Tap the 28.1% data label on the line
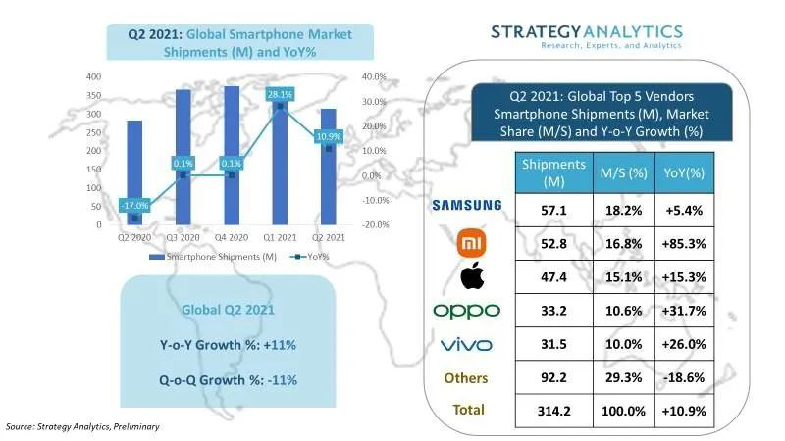point(280,93)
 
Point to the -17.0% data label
point(134,206)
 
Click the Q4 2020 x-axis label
point(231,237)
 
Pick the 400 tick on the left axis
point(94,76)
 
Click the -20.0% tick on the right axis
point(376,225)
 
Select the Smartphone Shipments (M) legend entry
point(212,257)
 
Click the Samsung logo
point(467,205)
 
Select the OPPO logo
point(467,311)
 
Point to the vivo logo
point(467,344)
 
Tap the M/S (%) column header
point(621,172)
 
